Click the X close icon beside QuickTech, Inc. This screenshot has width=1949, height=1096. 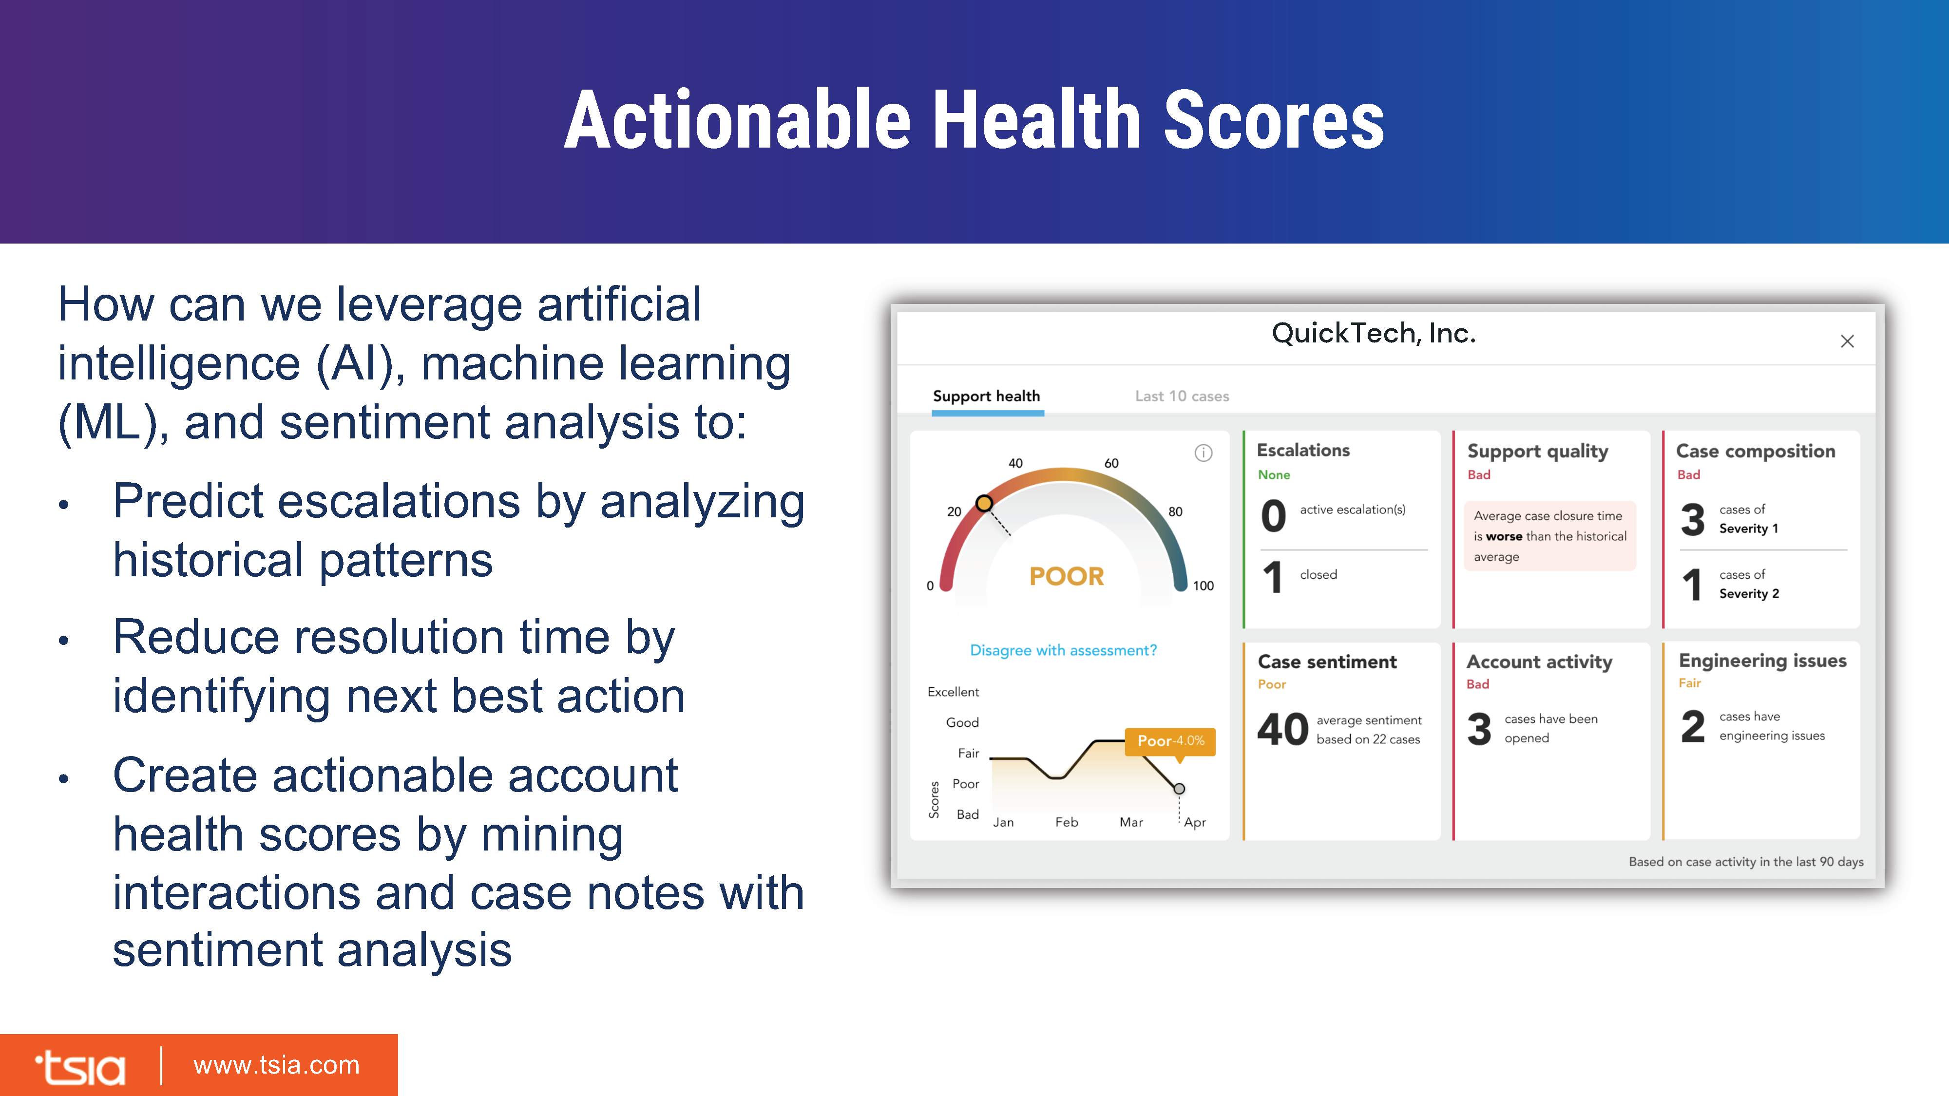coord(1847,341)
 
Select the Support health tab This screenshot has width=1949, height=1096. coord(987,397)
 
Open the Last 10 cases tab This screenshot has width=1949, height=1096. coord(1182,397)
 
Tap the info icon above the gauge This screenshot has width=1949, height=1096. coord(1203,453)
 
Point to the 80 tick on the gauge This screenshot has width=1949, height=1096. coord(1175,512)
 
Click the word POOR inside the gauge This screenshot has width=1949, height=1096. coord(1067,576)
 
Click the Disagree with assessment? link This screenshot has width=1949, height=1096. coord(1063,650)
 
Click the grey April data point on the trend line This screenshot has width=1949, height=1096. coord(1179,789)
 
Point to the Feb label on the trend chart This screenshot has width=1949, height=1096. coord(1067,822)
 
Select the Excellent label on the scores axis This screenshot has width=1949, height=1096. coord(954,692)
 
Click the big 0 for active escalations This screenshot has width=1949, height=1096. coord(1273,516)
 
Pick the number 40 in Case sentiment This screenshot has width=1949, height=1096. coord(1282,729)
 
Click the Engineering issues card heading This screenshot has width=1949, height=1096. coord(1762,661)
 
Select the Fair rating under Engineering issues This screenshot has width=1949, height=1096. coord(1689,683)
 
